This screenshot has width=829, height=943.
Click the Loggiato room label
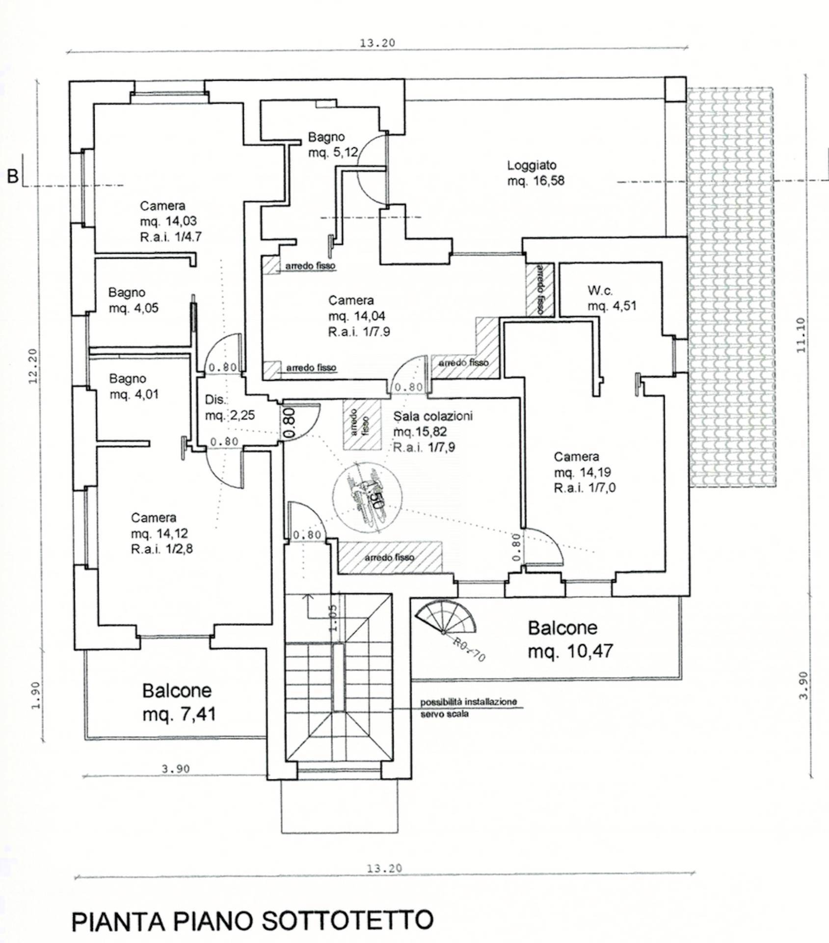pyautogui.click(x=532, y=166)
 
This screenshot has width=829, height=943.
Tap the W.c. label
pyautogui.click(x=600, y=291)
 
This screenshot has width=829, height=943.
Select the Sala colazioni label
pyautogui.click(x=432, y=416)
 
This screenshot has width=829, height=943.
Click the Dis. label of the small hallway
pyautogui.click(x=215, y=400)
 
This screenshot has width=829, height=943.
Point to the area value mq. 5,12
pyautogui.click(x=333, y=153)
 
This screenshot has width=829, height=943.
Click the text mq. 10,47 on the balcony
pyautogui.click(x=570, y=651)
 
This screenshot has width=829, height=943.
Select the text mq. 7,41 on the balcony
pyautogui.click(x=179, y=714)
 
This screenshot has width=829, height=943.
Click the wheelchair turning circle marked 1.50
pyautogui.click(x=367, y=494)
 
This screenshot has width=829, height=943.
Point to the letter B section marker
pyautogui.click(x=13, y=176)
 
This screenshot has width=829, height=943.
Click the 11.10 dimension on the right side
pyautogui.click(x=801, y=335)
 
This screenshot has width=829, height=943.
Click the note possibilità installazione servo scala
pyautogui.click(x=468, y=708)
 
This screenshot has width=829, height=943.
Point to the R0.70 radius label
pyautogui.click(x=469, y=649)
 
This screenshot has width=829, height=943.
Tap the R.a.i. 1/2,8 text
pyautogui.click(x=161, y=549)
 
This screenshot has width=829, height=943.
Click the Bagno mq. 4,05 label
pyautogui.click(x=133, y=300)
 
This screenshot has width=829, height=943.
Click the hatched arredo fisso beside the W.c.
pyautogui.click(x=539, y=290)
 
